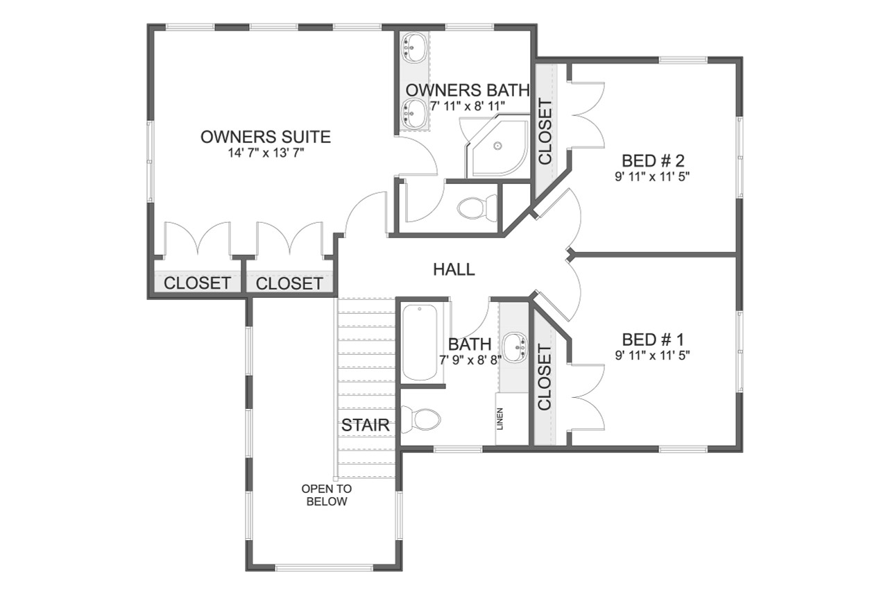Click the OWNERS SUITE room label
click(265, 137)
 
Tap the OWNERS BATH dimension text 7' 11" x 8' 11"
click(467, 106)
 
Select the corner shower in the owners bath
click(497, 147)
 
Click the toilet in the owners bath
click(479, 206)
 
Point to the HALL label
click(454, 269)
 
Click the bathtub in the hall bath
click(420, 342)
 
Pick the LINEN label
click(500, 419)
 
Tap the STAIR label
click(365, 426)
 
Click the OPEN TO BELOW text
click(326, 495)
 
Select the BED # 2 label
click(652, 160)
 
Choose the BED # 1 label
click(653, 340)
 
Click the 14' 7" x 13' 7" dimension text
click(265, 153)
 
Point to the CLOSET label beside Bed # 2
click(545, 132)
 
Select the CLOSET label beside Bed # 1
click(545, 378)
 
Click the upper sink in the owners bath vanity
click(414, 47)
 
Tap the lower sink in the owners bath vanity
click(414, 111)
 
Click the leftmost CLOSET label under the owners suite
click(197, 283)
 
